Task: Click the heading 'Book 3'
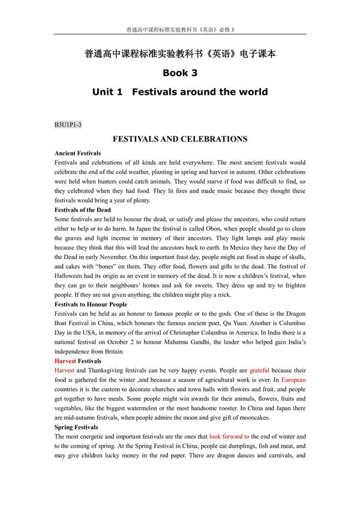tap(180, 73)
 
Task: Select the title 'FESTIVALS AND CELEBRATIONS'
tap(180, 139)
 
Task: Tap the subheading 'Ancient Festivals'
tap(77, 154)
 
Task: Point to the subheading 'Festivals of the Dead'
tap(82, 210)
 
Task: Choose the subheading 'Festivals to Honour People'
tap(91, 304)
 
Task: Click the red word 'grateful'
tap(260, 371)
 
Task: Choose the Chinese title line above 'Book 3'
tap(180, 53)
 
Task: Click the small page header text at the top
tap(180, 29)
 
